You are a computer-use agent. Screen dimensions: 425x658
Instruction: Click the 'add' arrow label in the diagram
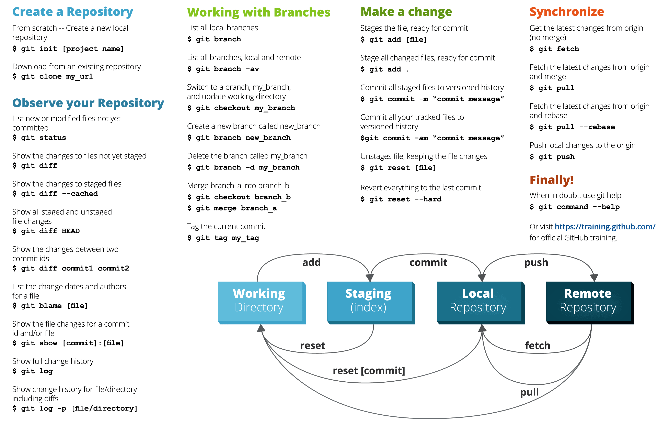tap(311, 262)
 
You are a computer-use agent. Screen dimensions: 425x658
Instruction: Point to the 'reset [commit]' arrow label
tap(369, 371)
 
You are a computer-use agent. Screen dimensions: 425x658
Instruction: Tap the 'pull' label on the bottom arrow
tap(529, 392)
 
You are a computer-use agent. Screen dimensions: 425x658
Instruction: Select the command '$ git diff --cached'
tap(55, 194)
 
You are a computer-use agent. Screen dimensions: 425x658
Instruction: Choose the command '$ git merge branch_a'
tap(232, 208)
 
